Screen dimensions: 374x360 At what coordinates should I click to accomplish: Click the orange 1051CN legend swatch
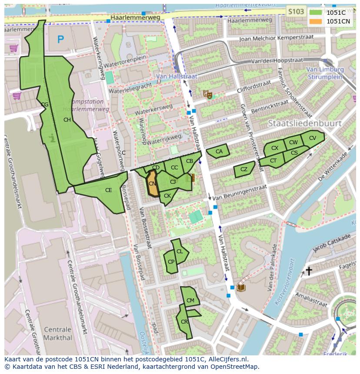(x=316, y=21)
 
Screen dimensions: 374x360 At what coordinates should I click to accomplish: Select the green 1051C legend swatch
(x=316, y=13)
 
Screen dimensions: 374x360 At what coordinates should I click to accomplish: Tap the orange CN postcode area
(x=152, y=184)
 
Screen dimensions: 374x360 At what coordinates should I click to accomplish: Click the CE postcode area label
(x=109, y=190)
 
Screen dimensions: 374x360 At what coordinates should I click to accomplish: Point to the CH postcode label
(x=67, y=120)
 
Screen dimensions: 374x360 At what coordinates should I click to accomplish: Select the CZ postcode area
(x=244, y=169)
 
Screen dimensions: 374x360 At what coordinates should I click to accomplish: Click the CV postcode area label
(x=313, y=138)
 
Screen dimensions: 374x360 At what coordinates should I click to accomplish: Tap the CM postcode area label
(x=190, y=300)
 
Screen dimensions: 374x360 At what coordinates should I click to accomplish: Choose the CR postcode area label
(x=184, y=321)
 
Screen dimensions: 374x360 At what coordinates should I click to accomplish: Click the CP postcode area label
(x=171, y=261)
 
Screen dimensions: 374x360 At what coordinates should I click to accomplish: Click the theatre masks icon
(x=208, y=94)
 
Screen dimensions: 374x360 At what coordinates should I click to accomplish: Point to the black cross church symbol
(x=309, y=271)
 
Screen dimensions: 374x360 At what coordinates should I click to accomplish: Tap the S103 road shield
(x=296, y=12)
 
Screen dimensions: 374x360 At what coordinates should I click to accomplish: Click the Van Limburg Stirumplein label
(x=324, y=73)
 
